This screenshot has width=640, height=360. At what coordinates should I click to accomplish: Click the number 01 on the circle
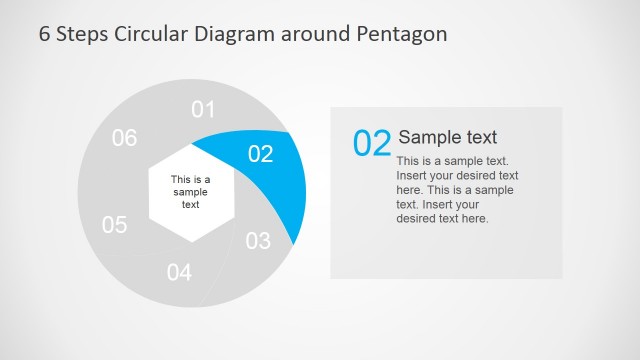[203, 109]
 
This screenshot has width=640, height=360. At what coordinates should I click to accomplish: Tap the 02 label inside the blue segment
[260, 153]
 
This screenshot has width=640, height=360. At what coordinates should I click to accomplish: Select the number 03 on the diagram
[258, 240]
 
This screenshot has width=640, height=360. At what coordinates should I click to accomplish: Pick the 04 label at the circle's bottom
[179, 271]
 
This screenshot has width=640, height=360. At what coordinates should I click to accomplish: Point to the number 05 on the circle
[115, 225]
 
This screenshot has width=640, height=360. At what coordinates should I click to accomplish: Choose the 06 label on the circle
[124, 138]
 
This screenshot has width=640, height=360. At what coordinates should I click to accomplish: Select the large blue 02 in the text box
[372, 143]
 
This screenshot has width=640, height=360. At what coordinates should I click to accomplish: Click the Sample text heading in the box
[447, 137]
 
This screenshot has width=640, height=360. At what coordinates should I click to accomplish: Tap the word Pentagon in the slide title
[400, 34]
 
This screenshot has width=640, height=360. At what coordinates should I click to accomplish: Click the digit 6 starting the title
[44, 34]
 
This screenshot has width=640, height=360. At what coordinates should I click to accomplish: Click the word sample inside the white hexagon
[190, 192]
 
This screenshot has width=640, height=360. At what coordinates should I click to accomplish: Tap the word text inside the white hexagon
[190, 204]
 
